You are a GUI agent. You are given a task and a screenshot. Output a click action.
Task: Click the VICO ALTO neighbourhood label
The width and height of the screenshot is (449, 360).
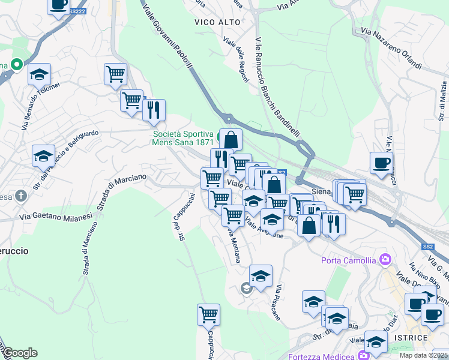[x=217, y=22]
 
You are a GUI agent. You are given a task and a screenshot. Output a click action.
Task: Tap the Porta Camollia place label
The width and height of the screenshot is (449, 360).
[x=348, y=260]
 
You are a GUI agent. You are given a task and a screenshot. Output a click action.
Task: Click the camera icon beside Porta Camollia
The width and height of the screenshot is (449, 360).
[x=385, y=260]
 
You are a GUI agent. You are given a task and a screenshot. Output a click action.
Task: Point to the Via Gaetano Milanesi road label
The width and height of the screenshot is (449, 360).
[x=55, y=215]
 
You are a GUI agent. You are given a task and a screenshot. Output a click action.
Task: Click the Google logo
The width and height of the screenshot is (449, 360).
[x=20, y=353]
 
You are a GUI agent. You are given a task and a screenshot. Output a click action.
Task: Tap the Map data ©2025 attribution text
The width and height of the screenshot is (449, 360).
[x=424, y=355]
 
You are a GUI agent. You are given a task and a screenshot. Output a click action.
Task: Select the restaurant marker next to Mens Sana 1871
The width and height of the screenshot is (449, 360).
[x=154, y=110]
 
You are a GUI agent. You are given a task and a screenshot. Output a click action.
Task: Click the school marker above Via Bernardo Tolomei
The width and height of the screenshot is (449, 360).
[x=39, y=74]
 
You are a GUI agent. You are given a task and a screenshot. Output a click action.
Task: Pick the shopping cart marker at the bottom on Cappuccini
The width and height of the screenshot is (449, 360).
[x=208, y=314]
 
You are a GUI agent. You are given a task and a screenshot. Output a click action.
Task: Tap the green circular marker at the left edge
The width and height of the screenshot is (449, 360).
[x=16, y=63]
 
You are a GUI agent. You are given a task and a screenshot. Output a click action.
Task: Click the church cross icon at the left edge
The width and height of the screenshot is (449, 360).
[x=20, y=196]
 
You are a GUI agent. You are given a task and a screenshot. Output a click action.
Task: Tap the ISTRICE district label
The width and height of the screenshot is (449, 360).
[x=411, y=338]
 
